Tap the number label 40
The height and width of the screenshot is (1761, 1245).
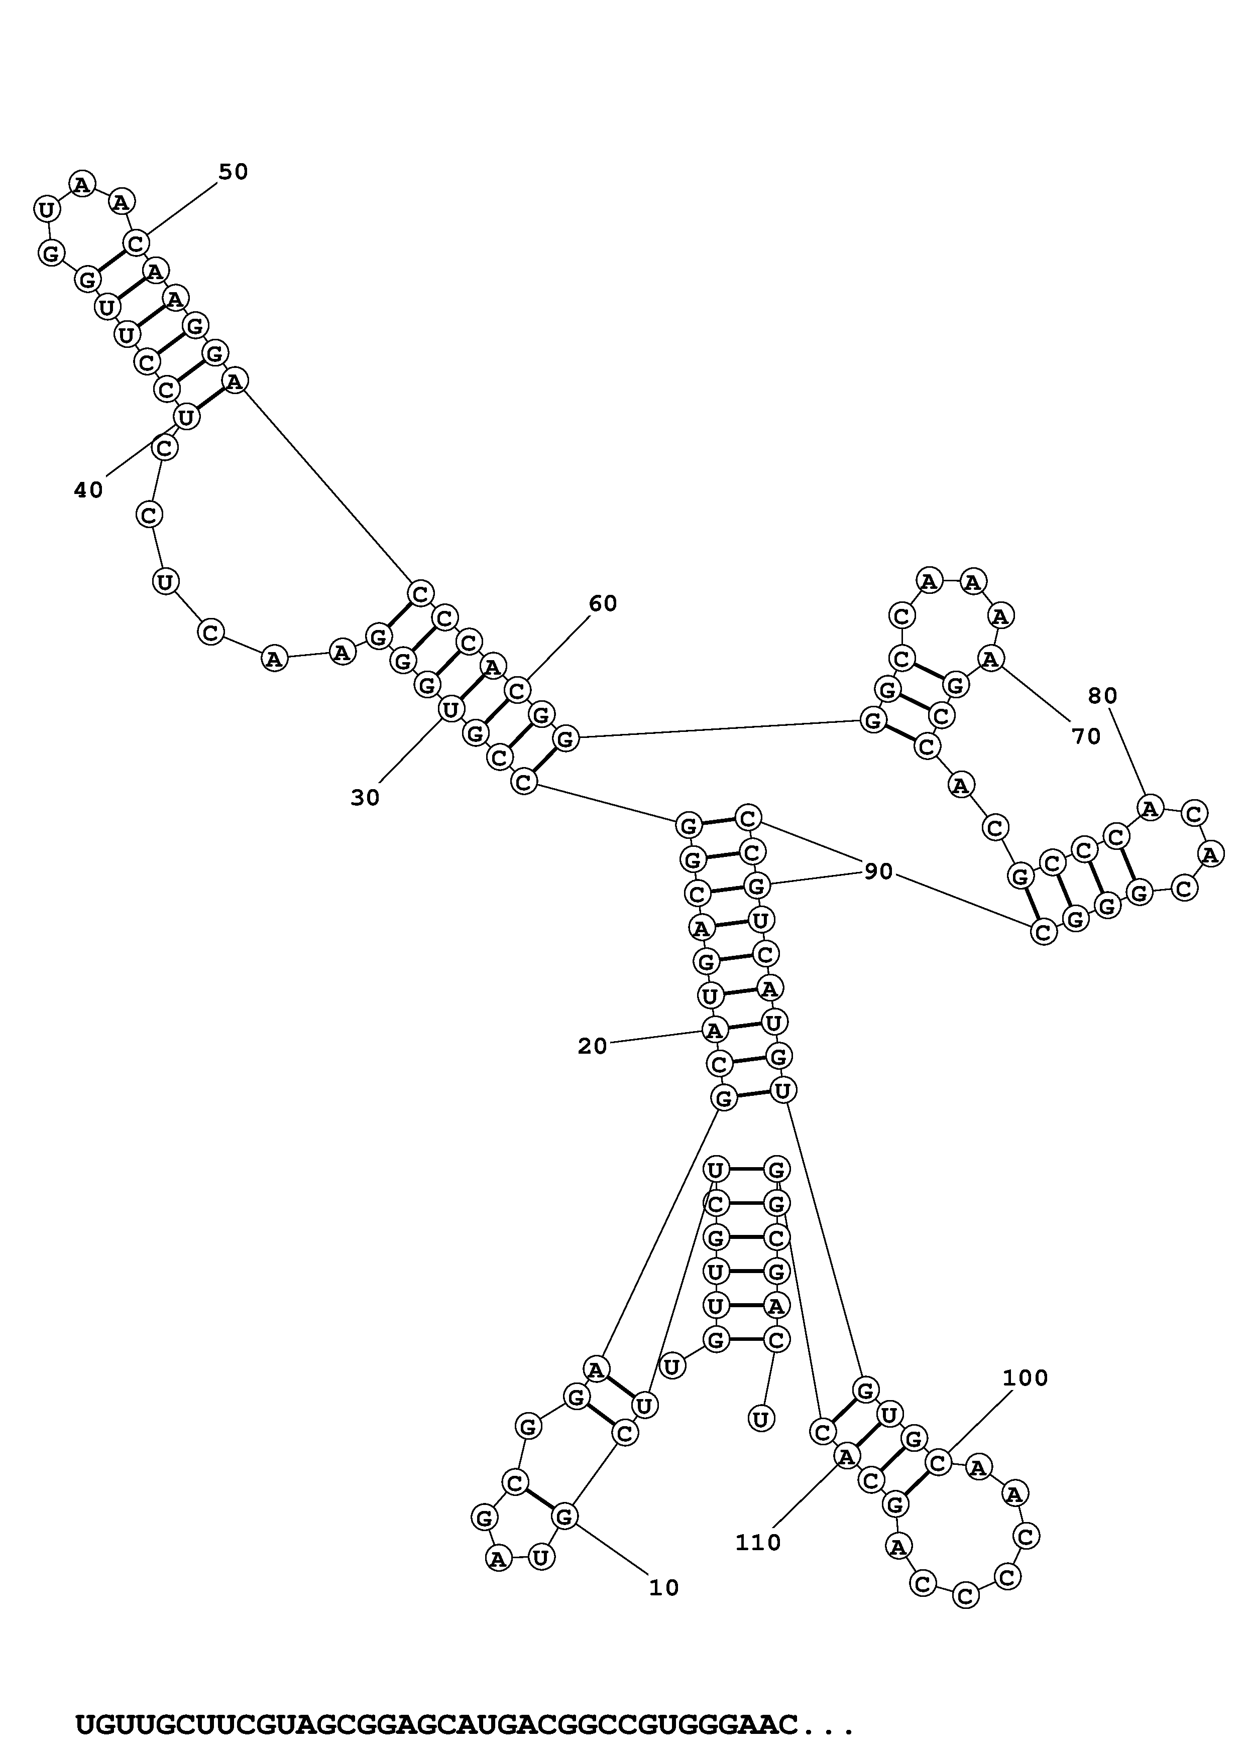(x=88, y=490)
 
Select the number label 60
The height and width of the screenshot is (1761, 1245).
(x=603, y=604)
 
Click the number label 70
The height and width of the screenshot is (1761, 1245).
(x=1086, y=737)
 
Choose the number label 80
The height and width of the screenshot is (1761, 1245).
(x=1103, y=696)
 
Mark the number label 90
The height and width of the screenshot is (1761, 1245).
(x=879, y=871)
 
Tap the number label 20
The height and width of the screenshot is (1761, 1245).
(x=592, y=1046)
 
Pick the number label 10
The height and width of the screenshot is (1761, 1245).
(x=664, y=1588)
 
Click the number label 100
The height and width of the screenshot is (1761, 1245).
(x=1026, y=1378)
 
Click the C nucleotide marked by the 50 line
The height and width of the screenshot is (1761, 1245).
(x=136, y=244)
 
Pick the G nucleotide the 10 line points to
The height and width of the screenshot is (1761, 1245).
(x=564, y=1517)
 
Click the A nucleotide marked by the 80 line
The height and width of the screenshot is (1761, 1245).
(x=1150, y=808)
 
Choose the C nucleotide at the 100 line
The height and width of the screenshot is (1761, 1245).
(x=938, y=1463)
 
